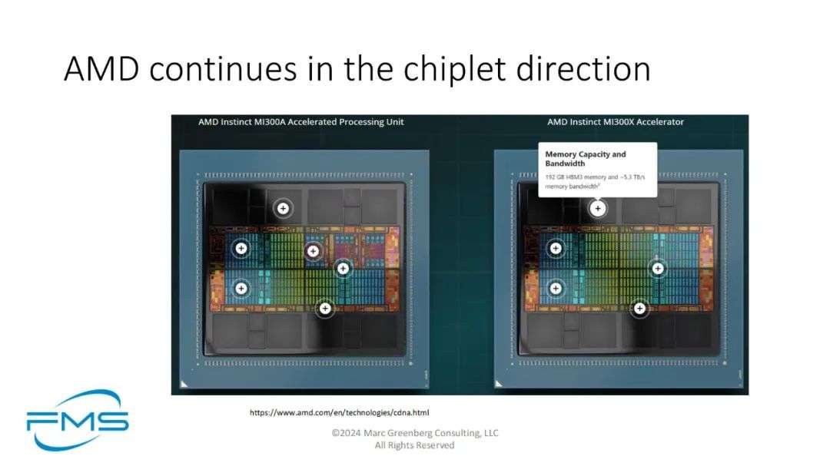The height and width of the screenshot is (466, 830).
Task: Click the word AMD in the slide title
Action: coord(101,69)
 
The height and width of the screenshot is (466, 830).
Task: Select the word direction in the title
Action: coord(583,69)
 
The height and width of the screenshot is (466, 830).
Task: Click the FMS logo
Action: coord(78,420)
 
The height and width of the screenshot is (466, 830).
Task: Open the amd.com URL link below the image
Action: coord(340,412)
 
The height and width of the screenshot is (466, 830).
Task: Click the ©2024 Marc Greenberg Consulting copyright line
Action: coord(415,433)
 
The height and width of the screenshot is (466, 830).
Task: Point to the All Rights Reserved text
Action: coord(414,445)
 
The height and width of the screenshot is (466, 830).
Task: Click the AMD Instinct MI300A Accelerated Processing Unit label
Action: coord(300,122)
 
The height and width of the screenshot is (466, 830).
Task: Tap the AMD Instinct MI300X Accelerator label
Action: coord(615,122)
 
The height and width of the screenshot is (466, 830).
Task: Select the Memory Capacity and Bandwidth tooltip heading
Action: coord(586,159)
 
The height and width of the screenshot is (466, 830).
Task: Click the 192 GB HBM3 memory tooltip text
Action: coord(595,181)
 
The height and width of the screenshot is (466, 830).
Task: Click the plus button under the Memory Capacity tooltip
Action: coord(598,208)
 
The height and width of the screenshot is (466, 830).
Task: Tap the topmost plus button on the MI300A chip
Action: coord(283,208)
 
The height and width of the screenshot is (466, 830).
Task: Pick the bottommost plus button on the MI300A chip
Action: coord(325,309)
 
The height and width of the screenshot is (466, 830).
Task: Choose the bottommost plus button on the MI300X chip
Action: coord(639,309)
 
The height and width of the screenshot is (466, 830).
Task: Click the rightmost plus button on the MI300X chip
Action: coord(657,269)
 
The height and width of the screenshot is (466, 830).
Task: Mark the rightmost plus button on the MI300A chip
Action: coord(343,269)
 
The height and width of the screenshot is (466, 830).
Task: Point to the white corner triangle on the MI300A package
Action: coord(183,384)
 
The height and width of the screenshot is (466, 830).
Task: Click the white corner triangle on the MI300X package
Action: coord(497,384)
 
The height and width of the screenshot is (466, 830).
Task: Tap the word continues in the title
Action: coord(223,70)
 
